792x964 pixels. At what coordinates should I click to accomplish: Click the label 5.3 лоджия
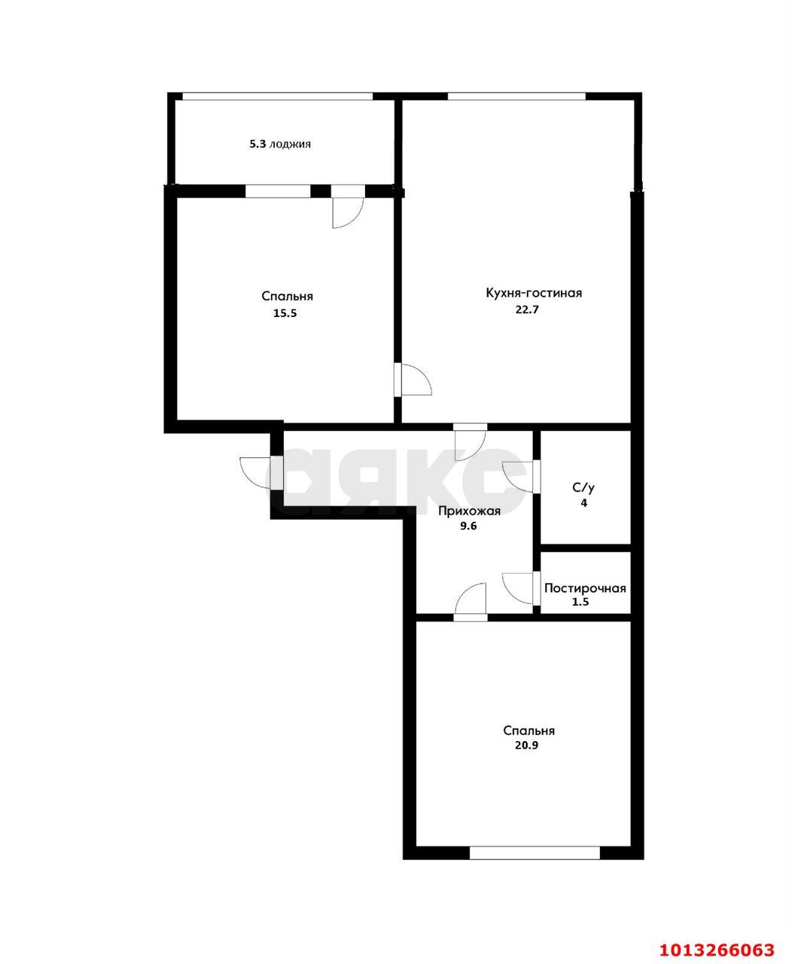click(x=280, y=144)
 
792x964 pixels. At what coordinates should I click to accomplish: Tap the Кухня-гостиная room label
click(x=534, y=293)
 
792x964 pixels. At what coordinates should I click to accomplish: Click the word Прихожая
click(x=470, y=511)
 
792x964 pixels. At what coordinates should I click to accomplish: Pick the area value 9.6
click(x=469, y=527)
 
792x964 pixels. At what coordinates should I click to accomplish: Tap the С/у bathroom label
click(x=583, y=487)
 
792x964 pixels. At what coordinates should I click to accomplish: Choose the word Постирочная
click(x=585, y=588)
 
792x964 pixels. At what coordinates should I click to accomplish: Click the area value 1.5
click(x=582, y=603)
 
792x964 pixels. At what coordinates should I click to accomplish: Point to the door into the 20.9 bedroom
click(x=471, y=601)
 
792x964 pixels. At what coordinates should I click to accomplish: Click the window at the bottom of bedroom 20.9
click(x=535, y=853)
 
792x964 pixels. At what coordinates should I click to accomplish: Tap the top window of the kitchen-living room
click(x=516, y=96)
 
